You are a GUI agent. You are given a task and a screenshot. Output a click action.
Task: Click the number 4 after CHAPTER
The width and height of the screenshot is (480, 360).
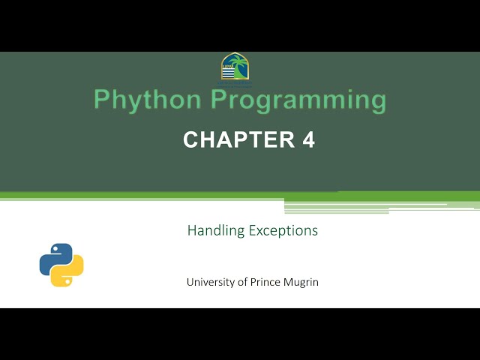click(x=308, y=139)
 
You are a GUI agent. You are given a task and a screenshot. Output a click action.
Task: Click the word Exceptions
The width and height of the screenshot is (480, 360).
click(x=283, y=230)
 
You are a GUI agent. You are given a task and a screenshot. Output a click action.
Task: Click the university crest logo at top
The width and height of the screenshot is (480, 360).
click(x=235, y=68)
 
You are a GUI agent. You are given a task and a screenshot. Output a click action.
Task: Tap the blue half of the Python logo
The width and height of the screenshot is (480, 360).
click(x=53, y=255)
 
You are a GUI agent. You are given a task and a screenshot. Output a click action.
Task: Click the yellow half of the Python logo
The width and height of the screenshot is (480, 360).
click(x=69, y=274)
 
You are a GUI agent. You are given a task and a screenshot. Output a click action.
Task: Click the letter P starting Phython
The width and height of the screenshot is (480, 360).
click(x=101, y=100)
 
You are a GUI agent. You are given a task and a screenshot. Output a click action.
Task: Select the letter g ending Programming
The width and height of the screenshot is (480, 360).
click(x=378, y=102)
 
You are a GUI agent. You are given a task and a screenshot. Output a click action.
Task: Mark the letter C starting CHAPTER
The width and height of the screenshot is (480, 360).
click(x=191, y=139)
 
